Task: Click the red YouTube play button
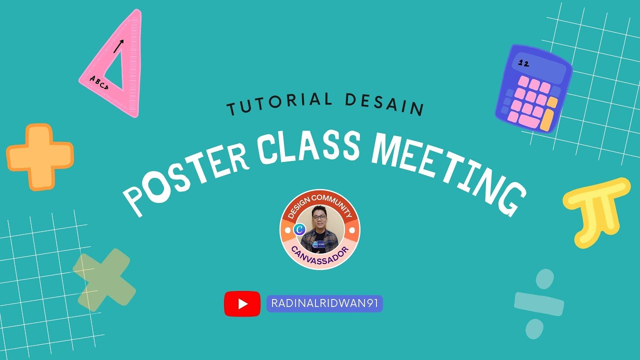click(x=242, y=303)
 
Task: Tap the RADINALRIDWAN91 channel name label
click(x=324, y=303)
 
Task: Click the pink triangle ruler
click(x=127, y=95)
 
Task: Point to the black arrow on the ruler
click(x=118, y=46)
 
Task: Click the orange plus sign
click(x=40, y=156)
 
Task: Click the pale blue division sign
click(x=538, y=303)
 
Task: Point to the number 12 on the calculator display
click(x=524, y=63)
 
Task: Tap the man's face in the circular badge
click(x=319, y=221)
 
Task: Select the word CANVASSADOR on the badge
click(x=320, y=255)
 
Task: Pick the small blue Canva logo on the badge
click(x=300, y=229)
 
